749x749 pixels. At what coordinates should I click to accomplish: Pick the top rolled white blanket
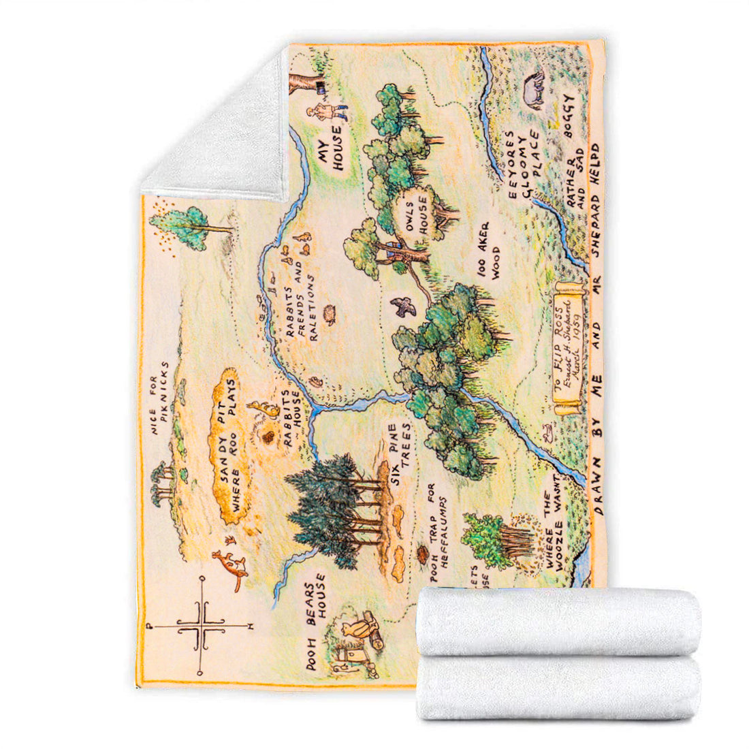558,621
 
